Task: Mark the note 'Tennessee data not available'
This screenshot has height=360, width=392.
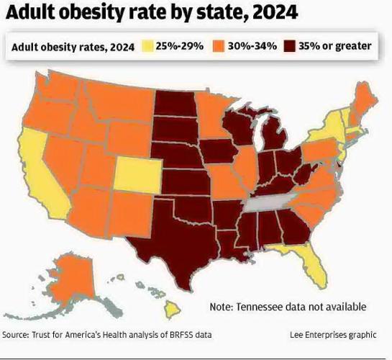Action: click(x=288, y=307)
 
